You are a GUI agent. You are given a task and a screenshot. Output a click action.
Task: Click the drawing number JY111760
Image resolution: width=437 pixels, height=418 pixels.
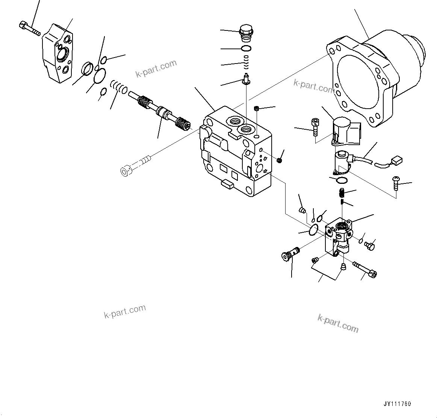pos(397,404)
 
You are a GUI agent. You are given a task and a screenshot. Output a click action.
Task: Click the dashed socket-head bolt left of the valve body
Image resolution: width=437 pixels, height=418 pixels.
pos(135,167)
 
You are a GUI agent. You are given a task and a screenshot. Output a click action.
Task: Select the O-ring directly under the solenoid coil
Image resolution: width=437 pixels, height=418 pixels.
pos(342,180)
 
